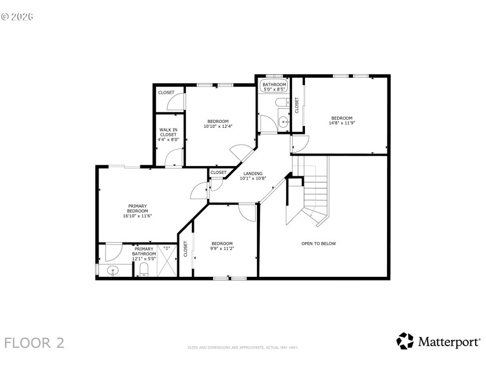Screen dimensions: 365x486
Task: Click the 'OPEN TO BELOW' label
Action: point(318,243)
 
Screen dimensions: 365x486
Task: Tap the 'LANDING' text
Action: point(253,174)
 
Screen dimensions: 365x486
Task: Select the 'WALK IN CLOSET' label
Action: point(168,132)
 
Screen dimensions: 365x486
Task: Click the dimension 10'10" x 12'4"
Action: point(218,127)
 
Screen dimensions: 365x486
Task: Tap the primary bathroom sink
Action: point(112,270)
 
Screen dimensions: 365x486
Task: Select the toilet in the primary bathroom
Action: point(144,269)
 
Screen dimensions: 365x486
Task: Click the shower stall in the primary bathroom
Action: point(166,260)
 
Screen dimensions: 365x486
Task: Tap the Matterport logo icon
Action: point(405,341)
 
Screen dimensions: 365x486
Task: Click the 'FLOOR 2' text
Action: point(34,342)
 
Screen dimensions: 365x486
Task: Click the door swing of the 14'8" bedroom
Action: point(300,144)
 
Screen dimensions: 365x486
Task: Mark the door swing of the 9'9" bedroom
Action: point(248,212)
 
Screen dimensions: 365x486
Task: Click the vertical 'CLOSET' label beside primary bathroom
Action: point(186,249)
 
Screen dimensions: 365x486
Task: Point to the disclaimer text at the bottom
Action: point(243,348)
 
